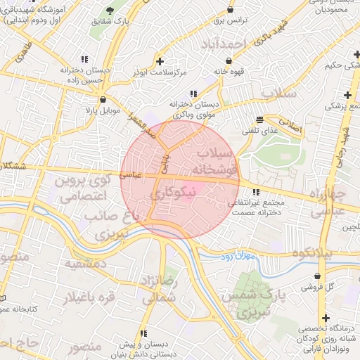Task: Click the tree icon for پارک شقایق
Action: click(110, 10)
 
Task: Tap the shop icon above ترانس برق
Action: click(231, 10)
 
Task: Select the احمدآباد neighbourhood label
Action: click(226, 44)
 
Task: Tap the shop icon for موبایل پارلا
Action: click(103, 99)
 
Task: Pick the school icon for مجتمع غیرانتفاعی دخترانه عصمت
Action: click(256, 191)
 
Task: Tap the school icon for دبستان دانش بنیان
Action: click(143, 333)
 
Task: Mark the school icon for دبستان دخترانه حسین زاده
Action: click(84, 59)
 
